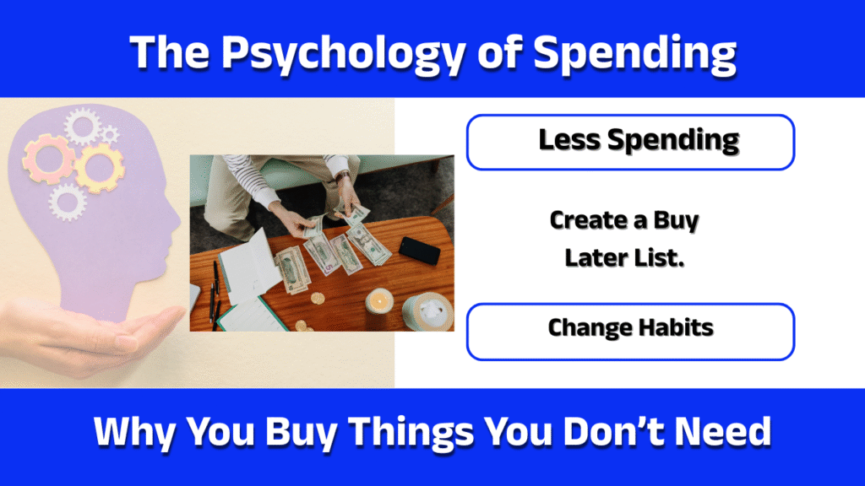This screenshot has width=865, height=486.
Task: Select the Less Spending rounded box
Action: click(x=630, y=143)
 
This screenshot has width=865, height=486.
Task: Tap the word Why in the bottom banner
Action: click(x=135, y=434)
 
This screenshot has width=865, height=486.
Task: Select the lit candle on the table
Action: click(x=379, y=300)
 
